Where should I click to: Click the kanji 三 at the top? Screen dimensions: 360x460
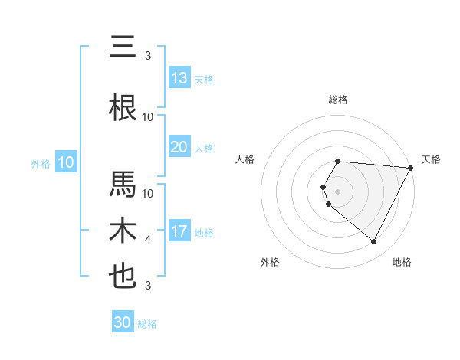[123, 47]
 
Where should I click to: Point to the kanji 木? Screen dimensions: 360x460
[123, 231]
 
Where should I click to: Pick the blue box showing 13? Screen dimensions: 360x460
[179, 78]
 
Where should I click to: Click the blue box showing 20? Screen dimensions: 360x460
[179, 147]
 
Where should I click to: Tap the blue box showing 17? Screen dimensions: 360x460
[179, 231]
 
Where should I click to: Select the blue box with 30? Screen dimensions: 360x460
[123, 322]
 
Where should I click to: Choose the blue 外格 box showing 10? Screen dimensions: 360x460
[66, 162]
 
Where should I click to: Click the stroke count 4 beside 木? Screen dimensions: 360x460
[148, 240]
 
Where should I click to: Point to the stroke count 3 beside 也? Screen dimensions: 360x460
[148, 286]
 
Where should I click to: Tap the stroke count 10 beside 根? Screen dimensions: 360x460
[148, 117]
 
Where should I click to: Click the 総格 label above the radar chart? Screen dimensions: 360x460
[338, 100]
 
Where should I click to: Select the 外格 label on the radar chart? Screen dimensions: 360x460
[270, 262]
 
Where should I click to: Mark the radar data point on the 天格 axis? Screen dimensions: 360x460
[411, 168]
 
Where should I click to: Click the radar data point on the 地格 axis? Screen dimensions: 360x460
[374, 241]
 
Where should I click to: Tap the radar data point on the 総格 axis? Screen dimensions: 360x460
[338, 161]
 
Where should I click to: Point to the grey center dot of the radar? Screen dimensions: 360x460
[338, 191]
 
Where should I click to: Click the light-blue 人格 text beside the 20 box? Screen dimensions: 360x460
[204, 148]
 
